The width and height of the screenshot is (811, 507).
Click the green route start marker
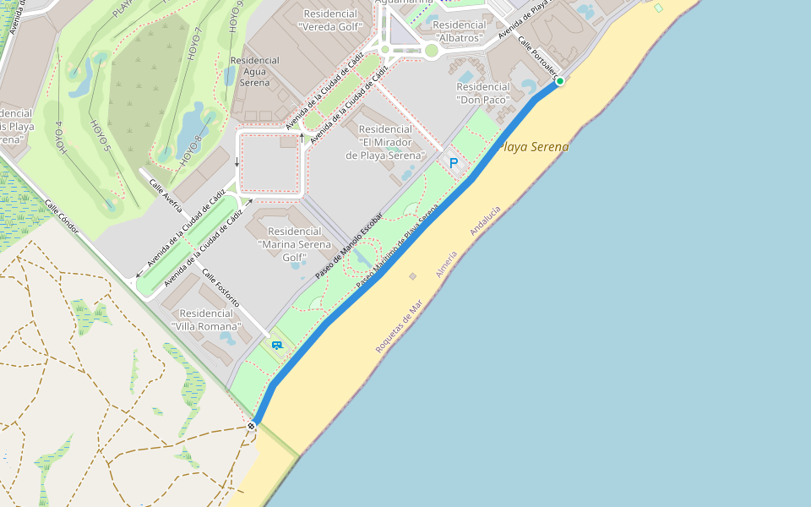(x=559, y=81)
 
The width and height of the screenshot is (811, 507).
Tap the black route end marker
(x=252, y=426)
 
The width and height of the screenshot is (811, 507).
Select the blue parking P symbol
(x=454, y=162)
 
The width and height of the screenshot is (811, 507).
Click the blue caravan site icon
(x=276, y=345)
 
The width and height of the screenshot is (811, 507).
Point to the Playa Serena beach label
(x=534, y=147)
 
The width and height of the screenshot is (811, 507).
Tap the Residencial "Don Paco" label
(x=483, y=93)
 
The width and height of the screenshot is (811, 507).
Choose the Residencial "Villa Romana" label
(x=207, y=319)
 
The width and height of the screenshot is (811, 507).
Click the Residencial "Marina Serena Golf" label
(x=294, y=243)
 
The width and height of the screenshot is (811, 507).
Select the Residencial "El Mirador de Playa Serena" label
(x=385, y=142)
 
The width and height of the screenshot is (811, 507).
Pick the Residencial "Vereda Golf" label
(x=329, y=20)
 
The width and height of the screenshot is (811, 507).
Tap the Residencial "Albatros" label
(x=460, y=31)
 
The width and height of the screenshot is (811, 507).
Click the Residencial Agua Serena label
(x=254, y=71)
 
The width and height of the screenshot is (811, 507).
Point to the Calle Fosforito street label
(x=220, y=288)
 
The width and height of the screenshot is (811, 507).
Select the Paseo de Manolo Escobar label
(x=349, y=245)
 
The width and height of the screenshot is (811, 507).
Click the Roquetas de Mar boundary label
(x=398, y=330)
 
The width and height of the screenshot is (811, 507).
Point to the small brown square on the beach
(x=412, y=276)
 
